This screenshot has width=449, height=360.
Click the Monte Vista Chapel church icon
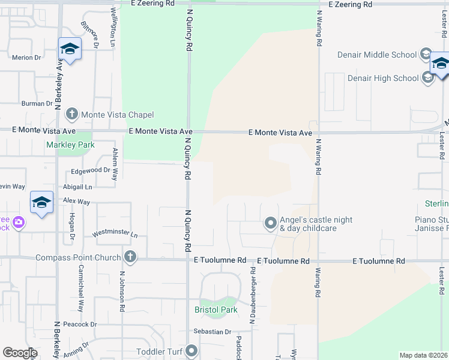point(71,114)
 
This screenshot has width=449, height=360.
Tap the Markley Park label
point(71,145)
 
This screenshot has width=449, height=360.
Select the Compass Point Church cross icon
point(129,257)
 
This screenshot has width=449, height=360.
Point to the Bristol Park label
point(216,310)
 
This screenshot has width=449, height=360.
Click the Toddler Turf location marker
point(191,350)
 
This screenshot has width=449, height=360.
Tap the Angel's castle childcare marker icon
point(270,224)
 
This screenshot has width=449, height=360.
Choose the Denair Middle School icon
point(426,55)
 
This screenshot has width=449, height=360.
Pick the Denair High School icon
point(428,78)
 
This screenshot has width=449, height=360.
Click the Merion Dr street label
point(26,58)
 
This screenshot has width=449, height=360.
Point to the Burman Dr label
point(37,104)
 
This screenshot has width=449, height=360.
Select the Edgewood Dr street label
point(91,170)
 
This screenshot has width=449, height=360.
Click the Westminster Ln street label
point(115,234)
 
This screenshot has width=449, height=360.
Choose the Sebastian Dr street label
point(212,332)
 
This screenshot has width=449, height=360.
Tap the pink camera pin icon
point(19,223)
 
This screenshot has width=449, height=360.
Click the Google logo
point(20,353)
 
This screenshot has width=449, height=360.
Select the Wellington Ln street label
point(112,28)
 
